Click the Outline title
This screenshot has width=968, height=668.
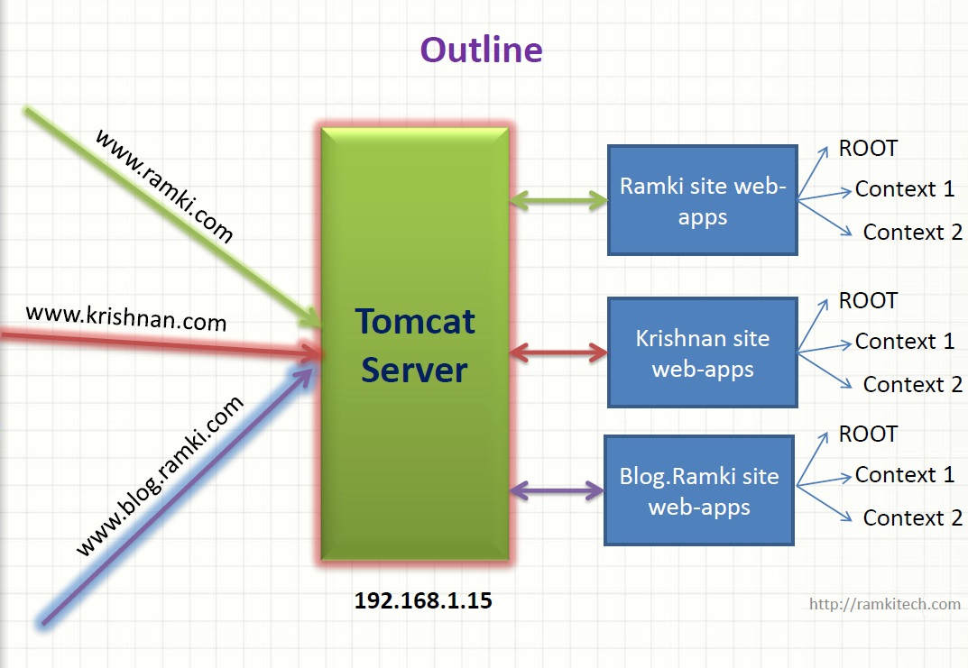point(482,50)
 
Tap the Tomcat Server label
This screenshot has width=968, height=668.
point(415,346)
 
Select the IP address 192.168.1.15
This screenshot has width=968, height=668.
point(422,601)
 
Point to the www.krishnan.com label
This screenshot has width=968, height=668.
point(126,317)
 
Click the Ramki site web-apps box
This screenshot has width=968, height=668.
point(703,201)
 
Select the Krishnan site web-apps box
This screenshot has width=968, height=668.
point(703,353)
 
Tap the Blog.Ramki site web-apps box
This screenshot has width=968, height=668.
point(699,491)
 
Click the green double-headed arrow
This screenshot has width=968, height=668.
point(558,200)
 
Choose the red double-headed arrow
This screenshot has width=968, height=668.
point(558,352)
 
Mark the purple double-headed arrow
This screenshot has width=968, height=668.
point(557,491)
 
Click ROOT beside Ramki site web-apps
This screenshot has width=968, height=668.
point(868,148)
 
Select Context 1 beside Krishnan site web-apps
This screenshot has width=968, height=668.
point(904,342)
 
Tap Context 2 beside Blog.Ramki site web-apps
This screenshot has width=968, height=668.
point(912,517)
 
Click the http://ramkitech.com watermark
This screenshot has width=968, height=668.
point(884,604)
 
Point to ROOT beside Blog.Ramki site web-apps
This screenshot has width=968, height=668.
point(868,434)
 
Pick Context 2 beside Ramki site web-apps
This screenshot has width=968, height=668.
point(912,232)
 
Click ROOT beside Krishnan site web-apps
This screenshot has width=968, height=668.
point(868,300)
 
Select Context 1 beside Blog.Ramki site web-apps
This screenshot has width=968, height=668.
point(904,475)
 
